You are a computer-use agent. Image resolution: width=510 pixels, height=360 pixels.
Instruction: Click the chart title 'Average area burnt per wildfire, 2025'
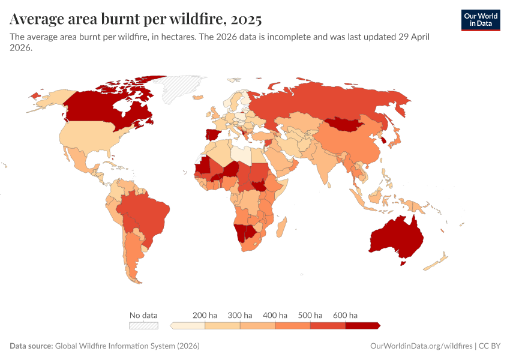click(x=136, y=19)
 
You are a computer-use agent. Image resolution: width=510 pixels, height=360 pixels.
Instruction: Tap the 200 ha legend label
click(x=205, y=315)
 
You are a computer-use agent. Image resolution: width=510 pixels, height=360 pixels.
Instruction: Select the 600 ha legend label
click(x=345, y=315)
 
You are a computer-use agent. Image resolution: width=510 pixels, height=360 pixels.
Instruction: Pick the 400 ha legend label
click(x=275, y=315)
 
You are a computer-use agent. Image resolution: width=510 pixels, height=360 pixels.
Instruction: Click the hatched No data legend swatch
click(x=144, y=326)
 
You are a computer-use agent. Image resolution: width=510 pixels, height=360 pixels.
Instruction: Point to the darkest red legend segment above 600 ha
click(x=362, y=326)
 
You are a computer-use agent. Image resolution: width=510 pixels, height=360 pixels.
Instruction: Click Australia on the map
click(x=397, y=238)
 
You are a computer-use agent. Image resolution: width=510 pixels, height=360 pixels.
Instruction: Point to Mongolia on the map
click(x=348, y=124)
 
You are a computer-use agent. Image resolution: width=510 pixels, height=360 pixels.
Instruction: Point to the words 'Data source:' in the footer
click(x=31, y=346)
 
